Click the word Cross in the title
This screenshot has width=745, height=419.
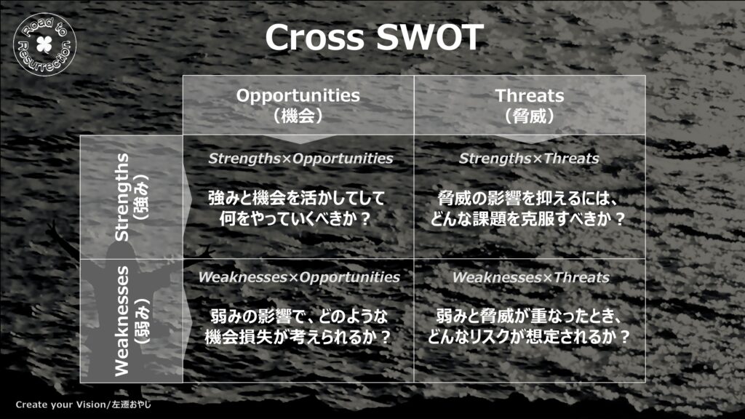tap(314, 37)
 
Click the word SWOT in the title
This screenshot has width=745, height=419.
tap(429, 37)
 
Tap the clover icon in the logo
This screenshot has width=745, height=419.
tap(44, 44)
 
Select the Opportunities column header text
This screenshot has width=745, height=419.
tap(298, 95)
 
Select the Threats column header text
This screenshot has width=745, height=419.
tap(530, 95)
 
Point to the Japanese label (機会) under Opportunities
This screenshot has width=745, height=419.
tap(298, 116)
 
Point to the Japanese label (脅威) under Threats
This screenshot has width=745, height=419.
tap(530, 116)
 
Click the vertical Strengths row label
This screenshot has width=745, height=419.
tap(121, 196)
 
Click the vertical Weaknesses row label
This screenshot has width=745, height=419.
tap(121, 321)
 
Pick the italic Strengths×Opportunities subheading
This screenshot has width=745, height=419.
tap(300, 159)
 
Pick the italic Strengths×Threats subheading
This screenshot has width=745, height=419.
tap(529, 159)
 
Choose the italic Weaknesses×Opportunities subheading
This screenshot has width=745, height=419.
tap(299, 277)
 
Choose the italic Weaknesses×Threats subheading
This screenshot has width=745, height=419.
tap(530, 277)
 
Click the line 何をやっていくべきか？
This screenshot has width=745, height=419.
tap(295, 218)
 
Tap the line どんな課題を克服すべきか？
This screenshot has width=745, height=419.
tap(528, 218)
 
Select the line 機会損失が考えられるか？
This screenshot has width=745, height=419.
tap(298, 337)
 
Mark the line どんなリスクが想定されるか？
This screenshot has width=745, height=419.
tap(528, 337)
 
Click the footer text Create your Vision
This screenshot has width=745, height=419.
tap(60, 404)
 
